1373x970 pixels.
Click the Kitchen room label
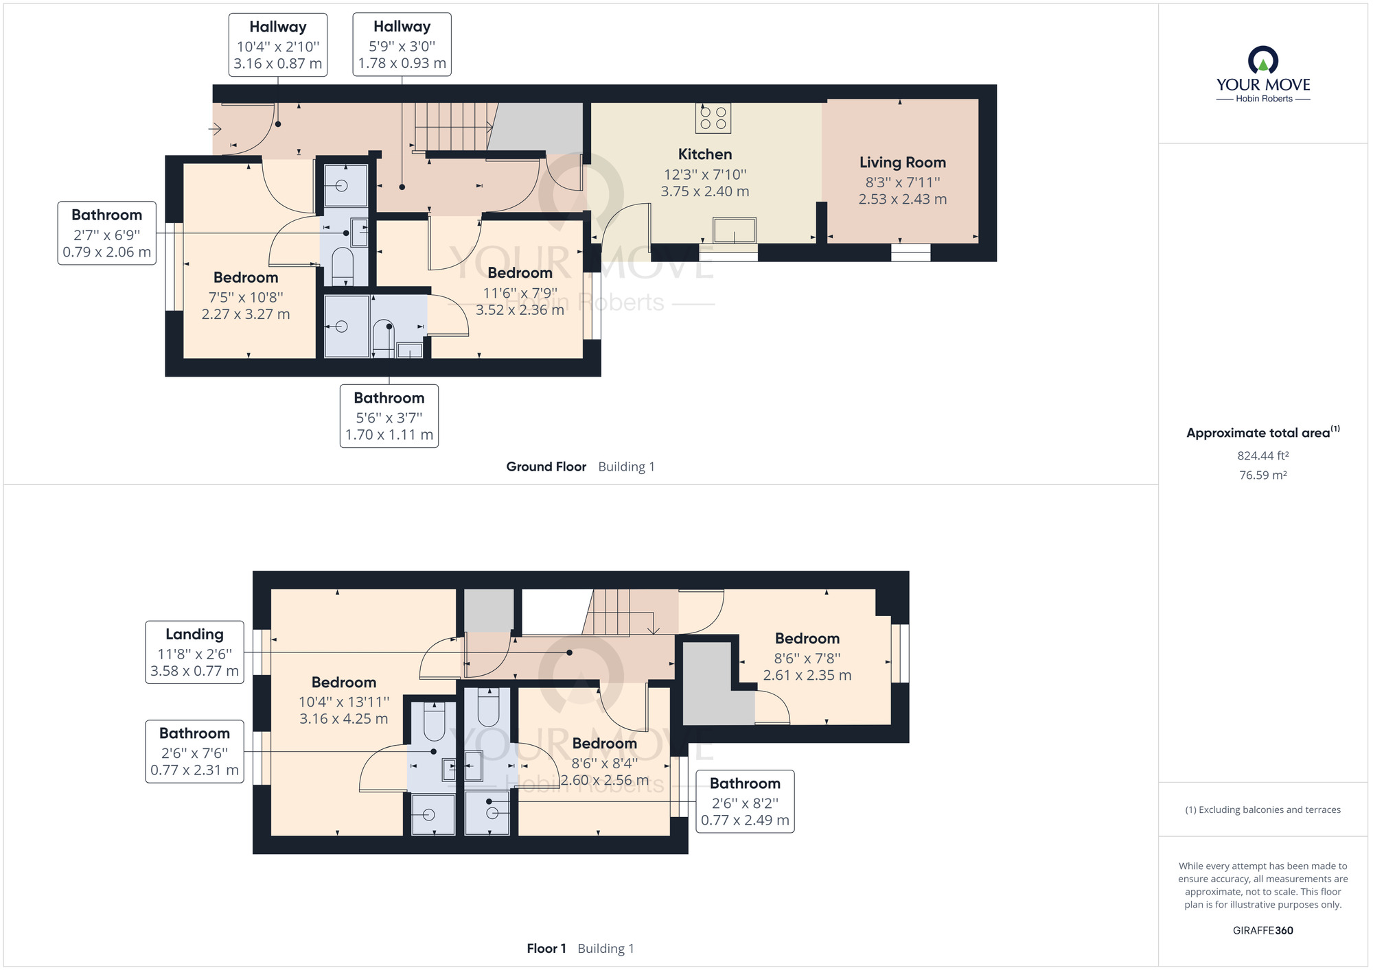coord(705,155)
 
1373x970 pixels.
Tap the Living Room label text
coord(902,163)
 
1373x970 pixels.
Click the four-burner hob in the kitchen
coord(713,117)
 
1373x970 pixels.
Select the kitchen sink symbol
coord(734,230)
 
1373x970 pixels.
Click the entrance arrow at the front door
coord(215,129)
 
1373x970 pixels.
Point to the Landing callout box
coord(194,652)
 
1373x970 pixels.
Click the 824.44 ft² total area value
coord(1262,456)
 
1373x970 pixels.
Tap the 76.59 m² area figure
coord(1262,475)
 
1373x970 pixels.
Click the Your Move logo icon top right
coord(1262,60)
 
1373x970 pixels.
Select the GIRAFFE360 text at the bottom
coord(1262,930)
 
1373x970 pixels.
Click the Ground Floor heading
coord(546,466)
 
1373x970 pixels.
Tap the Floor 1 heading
coord(546,948)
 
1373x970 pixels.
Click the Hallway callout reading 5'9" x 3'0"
coord(402,45)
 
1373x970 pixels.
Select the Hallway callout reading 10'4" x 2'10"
coord(277,45)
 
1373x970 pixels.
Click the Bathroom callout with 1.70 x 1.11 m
coord(389,416)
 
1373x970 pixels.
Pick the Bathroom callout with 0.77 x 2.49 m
coord(745,801)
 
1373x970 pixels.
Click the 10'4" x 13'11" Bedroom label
coord(343,700)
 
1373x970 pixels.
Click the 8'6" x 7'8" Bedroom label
coord(807,656)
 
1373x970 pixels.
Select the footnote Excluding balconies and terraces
coord(1262,809)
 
